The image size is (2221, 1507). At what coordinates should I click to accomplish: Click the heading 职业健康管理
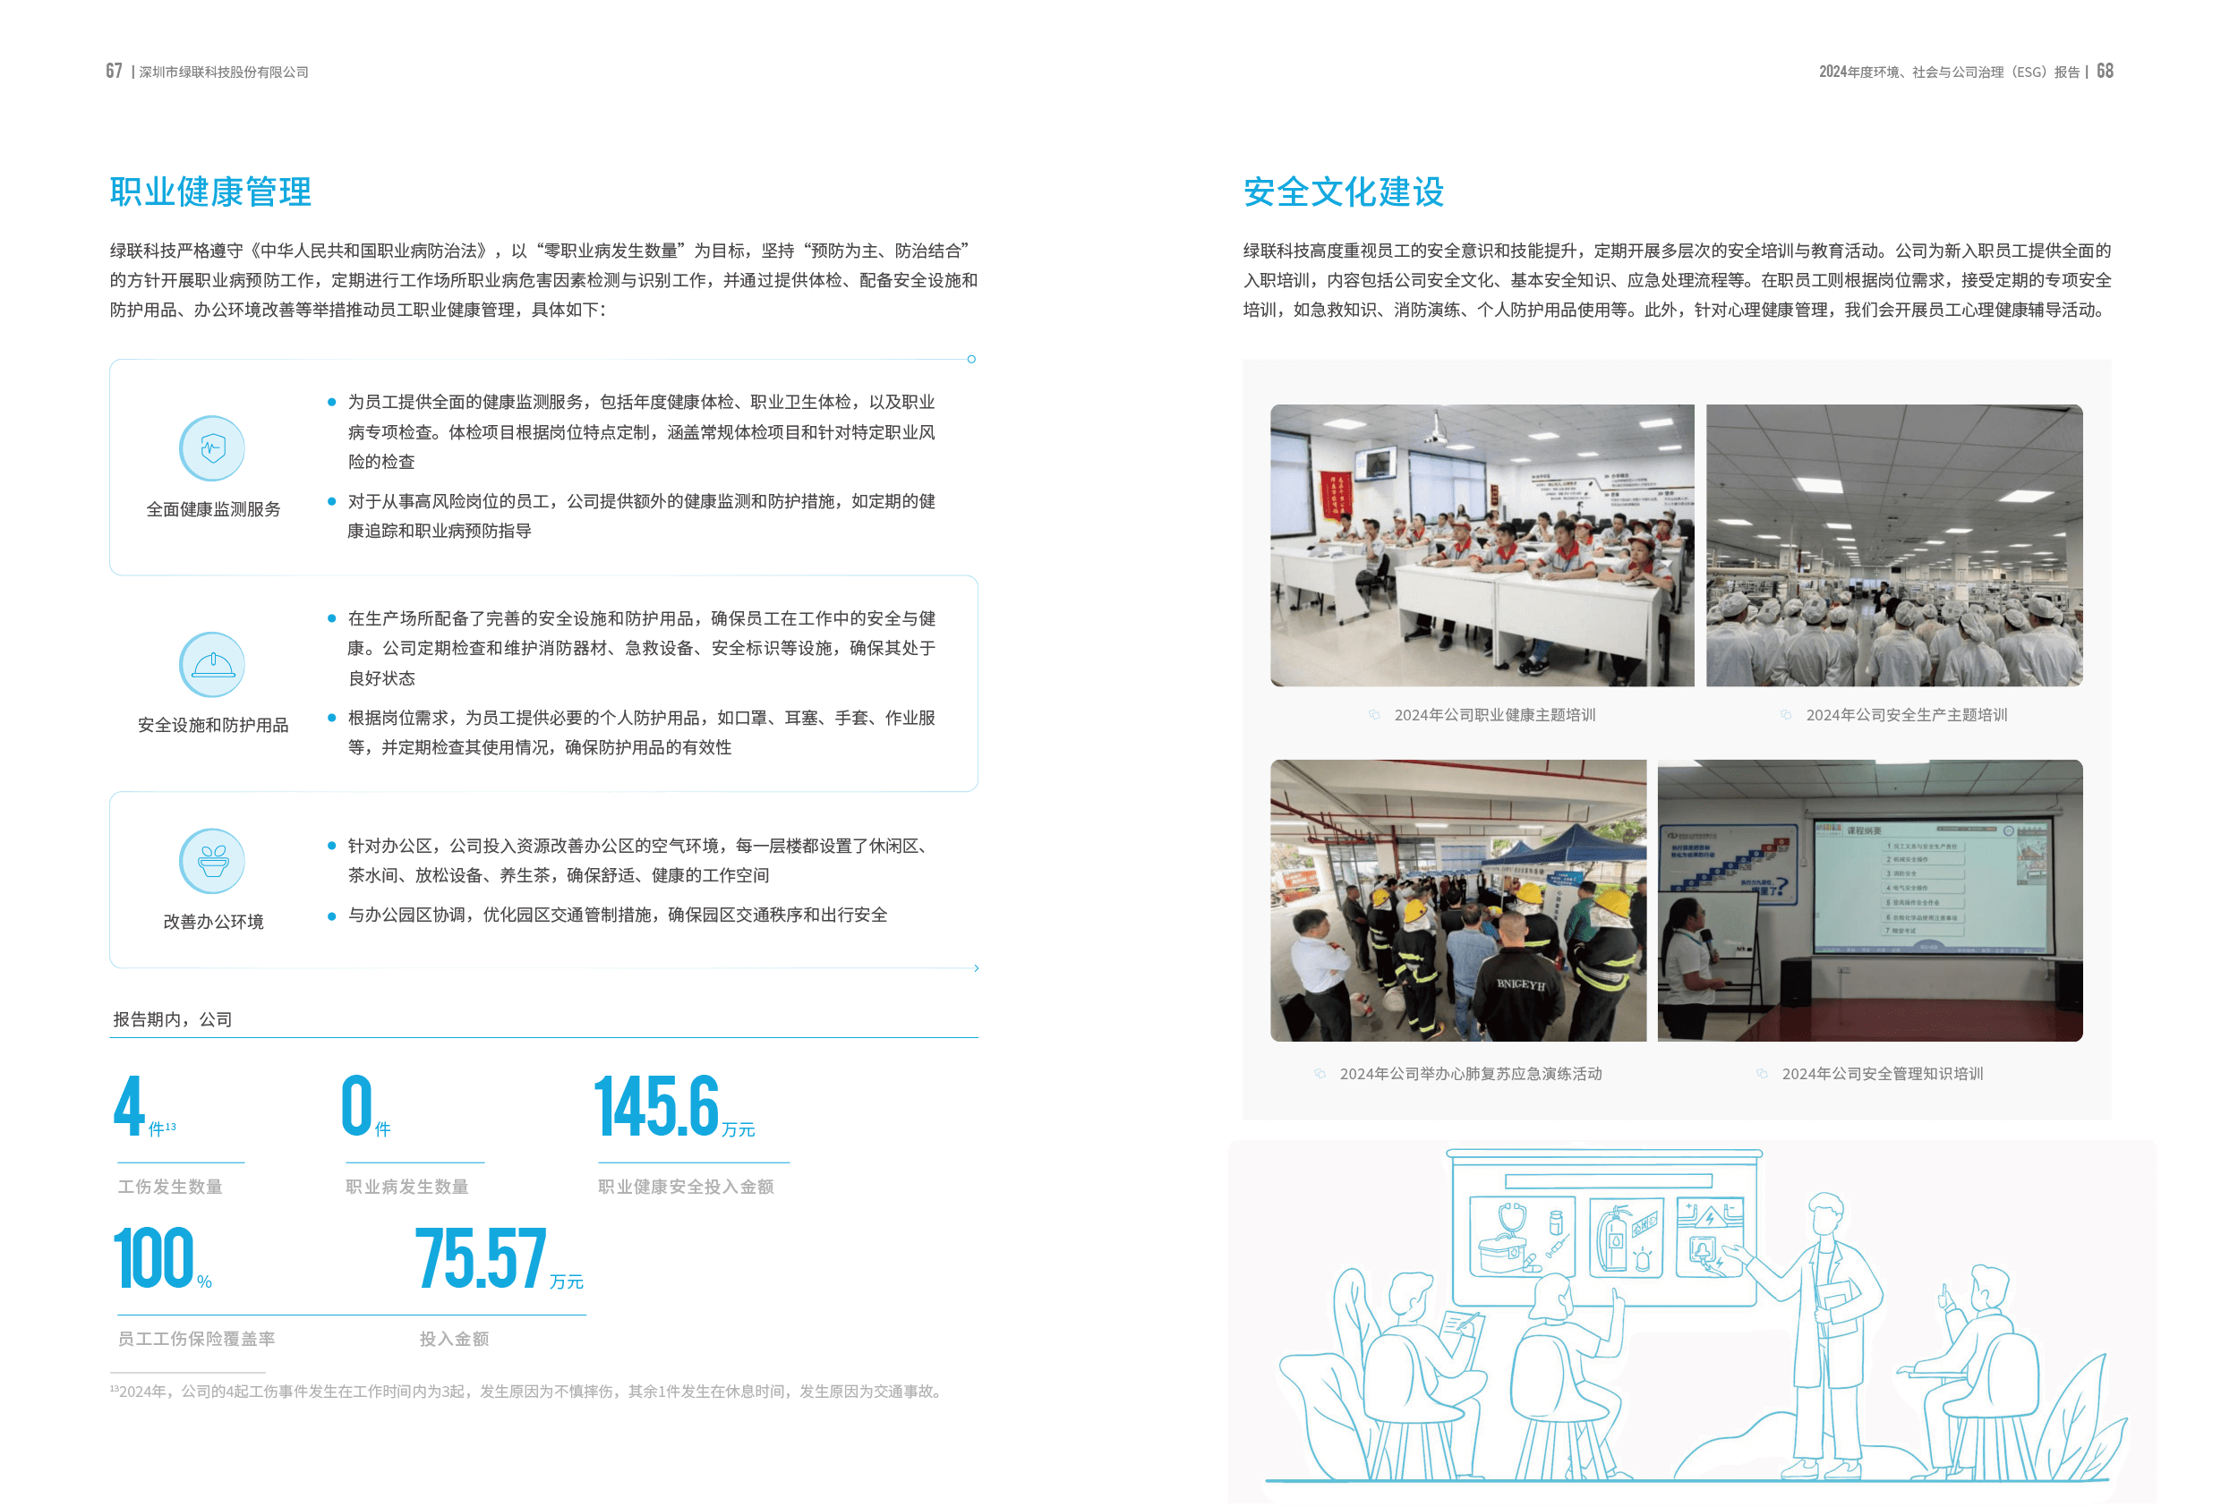pos(210,192)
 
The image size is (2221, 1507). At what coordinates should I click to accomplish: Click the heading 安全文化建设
pos(1343,192)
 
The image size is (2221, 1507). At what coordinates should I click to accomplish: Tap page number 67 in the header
pos(114,71)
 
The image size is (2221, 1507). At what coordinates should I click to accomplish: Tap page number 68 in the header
pos(2105,71)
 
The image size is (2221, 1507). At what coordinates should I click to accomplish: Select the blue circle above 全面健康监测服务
pos(211,448)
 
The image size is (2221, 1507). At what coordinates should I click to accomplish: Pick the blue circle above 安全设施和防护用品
pos(211,664)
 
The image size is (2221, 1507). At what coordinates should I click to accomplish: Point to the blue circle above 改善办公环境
pos(211,861)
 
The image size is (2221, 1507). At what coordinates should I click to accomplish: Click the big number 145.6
pos(655,1107)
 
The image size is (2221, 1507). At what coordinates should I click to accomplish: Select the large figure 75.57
pos(481,1258)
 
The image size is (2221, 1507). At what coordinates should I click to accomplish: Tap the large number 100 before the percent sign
pos(154,1258)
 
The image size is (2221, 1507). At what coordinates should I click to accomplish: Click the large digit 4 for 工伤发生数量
pos(129,1107)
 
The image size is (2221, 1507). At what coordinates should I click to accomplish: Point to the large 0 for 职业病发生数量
pos(356,1107)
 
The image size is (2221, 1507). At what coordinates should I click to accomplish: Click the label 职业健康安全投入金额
pos(685,1187)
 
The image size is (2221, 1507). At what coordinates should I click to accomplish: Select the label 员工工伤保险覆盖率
pos(196,1339)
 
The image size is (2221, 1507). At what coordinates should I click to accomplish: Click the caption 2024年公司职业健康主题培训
pos(1494,715)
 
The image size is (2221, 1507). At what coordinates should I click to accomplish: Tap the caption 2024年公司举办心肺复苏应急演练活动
pos(1470,1074)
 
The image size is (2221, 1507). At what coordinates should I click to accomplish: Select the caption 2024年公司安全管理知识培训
pos(1882,1074)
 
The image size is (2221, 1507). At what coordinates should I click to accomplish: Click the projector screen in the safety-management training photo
pos(1930,887)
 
